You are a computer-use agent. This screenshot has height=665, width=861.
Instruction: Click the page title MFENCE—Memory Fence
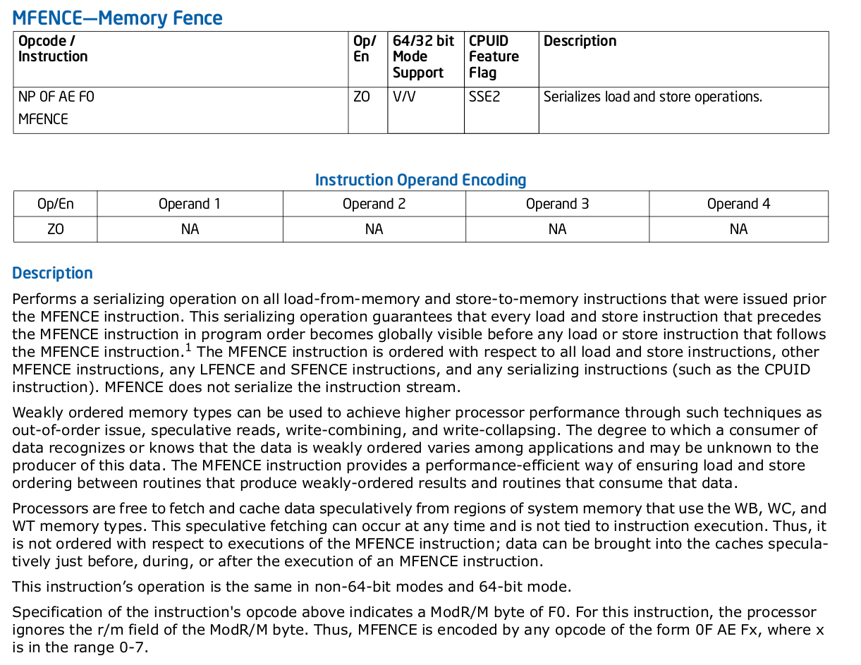(x=117, y=18)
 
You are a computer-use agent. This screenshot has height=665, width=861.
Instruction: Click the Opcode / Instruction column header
(x=53, y=49)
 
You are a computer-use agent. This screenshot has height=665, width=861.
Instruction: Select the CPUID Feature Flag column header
(x=494, y=56)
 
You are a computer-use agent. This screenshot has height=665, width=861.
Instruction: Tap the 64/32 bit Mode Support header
(x=423, y=56)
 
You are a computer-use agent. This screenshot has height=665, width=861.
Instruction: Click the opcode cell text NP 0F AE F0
(x=56, y=97)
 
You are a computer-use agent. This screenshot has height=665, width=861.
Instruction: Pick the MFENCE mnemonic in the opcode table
(x=43, y=119)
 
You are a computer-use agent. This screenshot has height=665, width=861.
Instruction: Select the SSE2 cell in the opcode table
(x=484, y=97)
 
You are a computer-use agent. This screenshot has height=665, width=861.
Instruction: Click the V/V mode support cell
(x=404, y=97)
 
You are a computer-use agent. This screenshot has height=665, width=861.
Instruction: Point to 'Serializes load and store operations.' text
(x=652, y=97)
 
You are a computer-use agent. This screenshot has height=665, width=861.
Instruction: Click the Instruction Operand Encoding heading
(x=420, y=180)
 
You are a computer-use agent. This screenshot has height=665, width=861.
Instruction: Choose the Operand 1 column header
(x=189, y=204)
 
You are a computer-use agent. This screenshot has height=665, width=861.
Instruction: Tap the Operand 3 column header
(x=557, y=204)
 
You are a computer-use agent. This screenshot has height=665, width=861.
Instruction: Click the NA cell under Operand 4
(x=738, y=229)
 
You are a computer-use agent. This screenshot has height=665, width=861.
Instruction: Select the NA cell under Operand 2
(x=374, y=229)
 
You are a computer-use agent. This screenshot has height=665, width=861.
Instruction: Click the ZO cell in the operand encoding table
(x=55, y=229)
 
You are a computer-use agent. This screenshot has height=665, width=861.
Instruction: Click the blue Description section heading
(x=52, y=273)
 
